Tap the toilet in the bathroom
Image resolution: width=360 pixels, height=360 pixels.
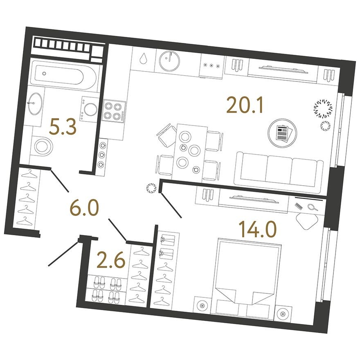point(42,146)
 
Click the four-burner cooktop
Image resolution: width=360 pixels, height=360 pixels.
point(113,110)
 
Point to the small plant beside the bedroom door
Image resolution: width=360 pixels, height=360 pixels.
point(151,189)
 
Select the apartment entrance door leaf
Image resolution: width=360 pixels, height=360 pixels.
point(64,253)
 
